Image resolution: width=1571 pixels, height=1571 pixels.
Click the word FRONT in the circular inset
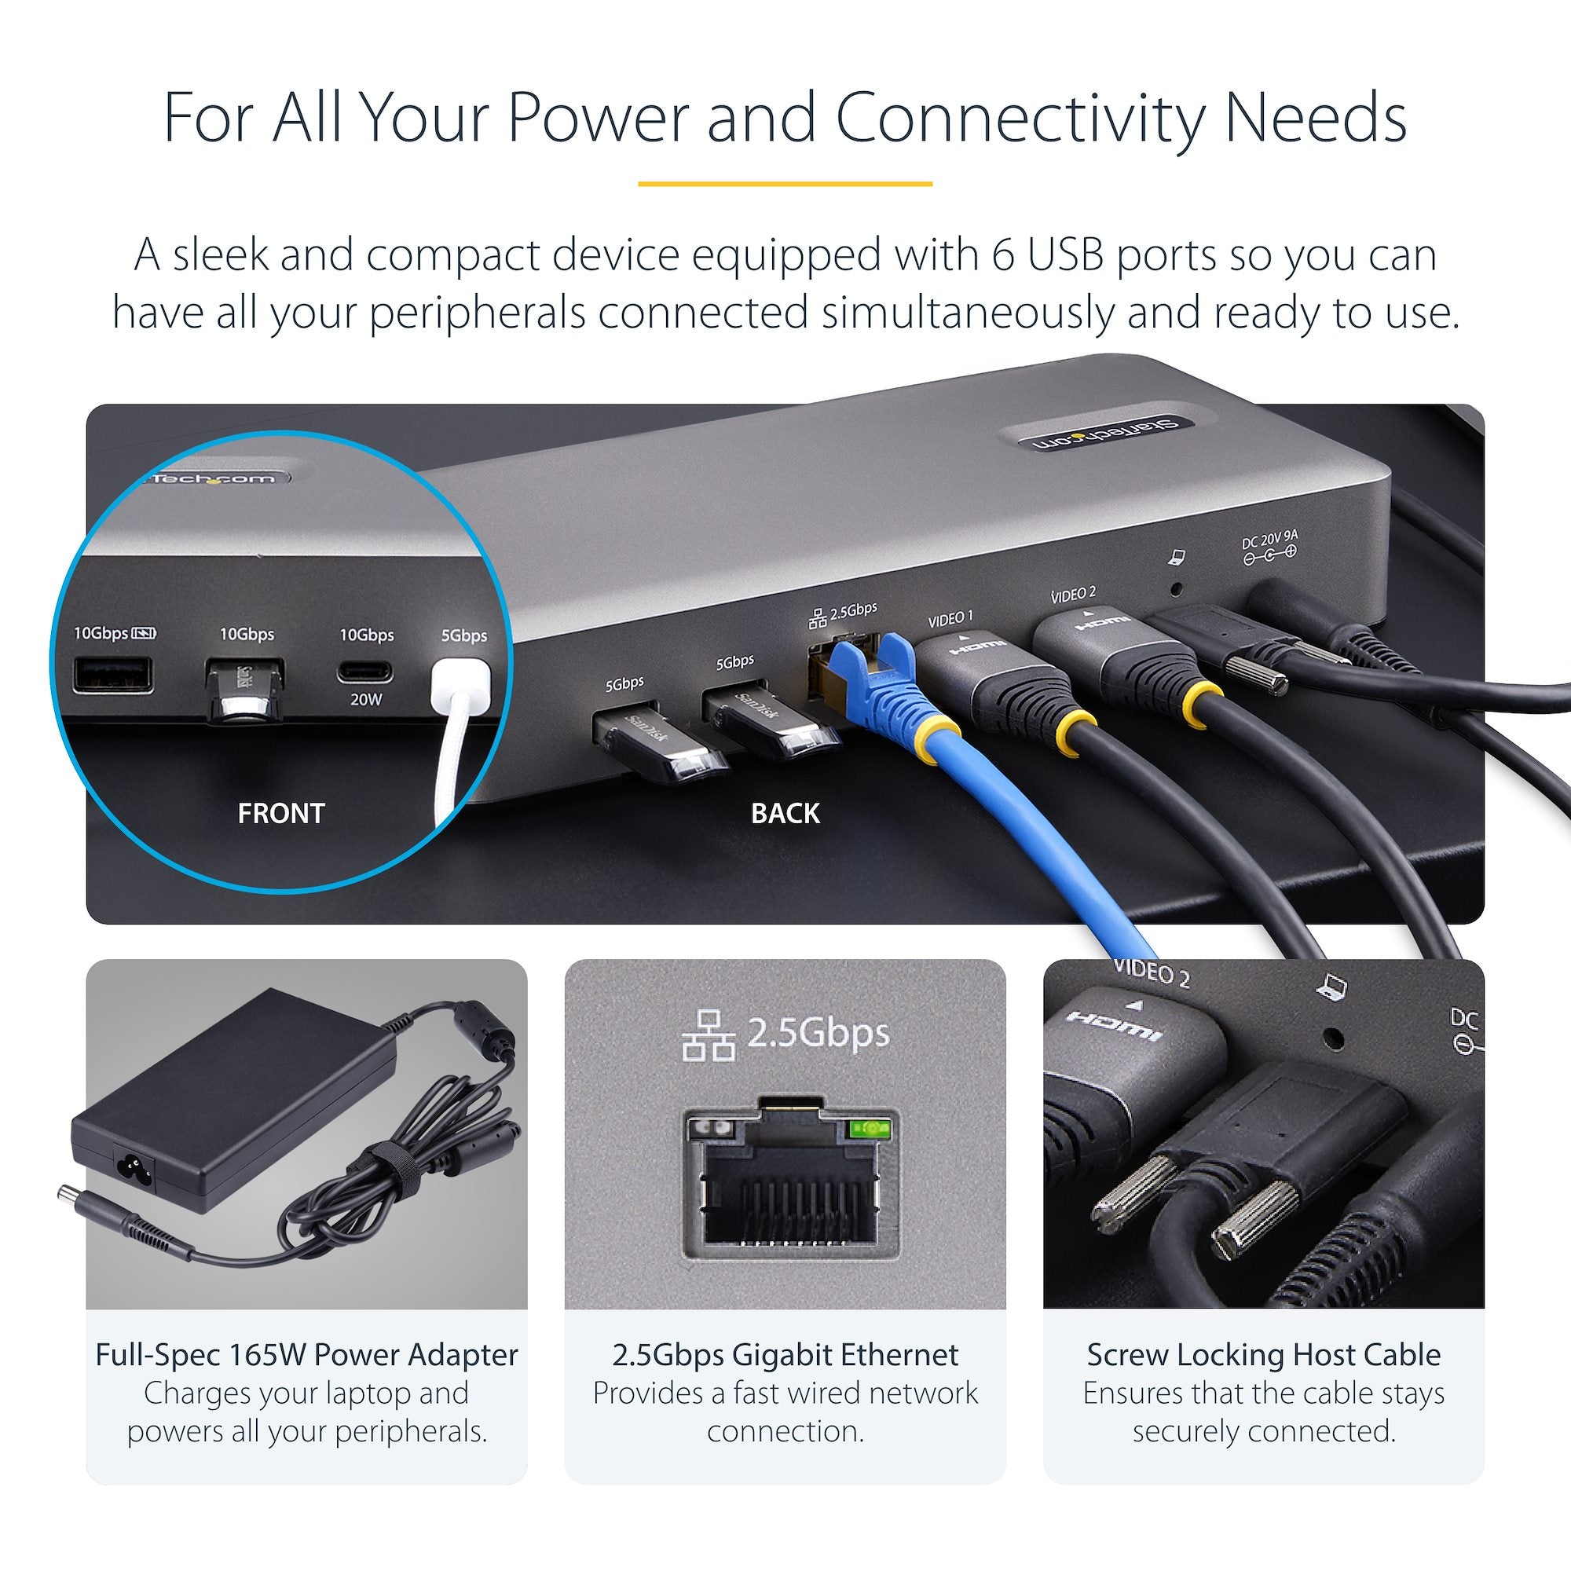pos(280,813)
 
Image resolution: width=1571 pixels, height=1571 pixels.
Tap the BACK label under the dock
pos(785,813)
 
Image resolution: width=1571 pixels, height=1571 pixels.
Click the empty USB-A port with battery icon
pos(113,675)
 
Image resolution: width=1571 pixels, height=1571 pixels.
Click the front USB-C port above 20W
pos(365,672)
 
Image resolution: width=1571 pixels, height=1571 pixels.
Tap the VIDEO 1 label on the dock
pos(950,620)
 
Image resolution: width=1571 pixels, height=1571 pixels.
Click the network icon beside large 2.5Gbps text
pos(709,1035)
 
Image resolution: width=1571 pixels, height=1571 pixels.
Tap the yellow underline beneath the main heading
pos(785,184)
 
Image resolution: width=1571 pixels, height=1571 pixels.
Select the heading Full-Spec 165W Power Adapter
pos(306,1355)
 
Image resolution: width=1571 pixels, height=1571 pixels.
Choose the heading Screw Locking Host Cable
pos(1264,1355)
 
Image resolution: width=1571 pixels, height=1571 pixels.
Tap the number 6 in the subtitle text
pos(1003,255)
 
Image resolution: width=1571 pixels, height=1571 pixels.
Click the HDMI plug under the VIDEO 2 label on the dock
pos(1089,643)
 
